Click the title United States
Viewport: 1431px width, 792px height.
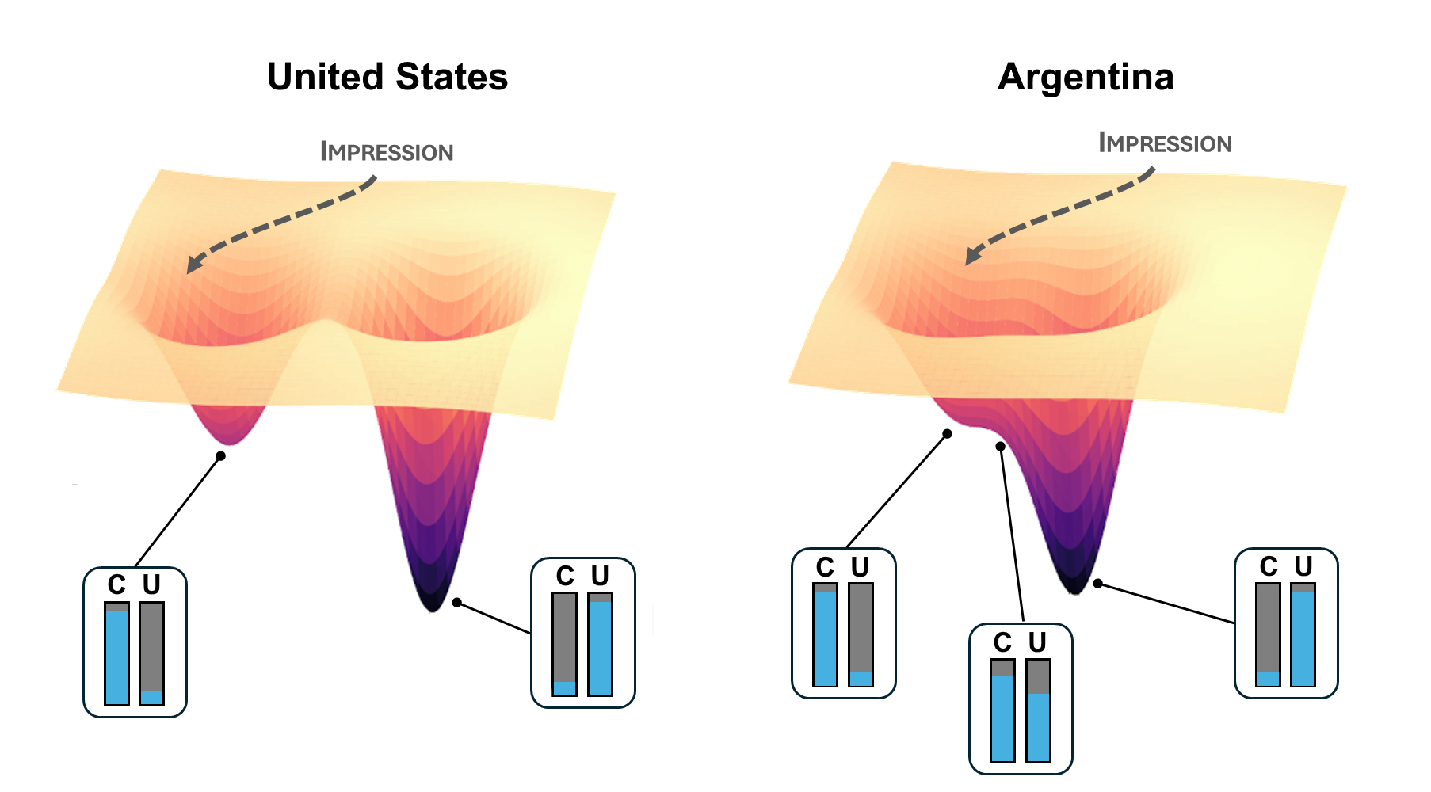click(387, 78)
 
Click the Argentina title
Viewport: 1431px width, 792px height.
click(1086, 78)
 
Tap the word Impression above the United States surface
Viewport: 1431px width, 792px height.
click(387, 151)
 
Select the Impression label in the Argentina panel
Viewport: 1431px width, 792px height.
click(1165, 143)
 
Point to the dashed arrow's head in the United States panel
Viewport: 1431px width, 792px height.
click(193, 266)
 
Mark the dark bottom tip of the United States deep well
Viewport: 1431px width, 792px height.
click(433, 605)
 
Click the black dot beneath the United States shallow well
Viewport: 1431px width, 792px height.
click(221, 456)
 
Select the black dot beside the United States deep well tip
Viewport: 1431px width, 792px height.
click(457, 603)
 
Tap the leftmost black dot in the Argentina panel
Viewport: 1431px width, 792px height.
click(947, 434)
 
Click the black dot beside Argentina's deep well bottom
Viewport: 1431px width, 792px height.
click(1097, 584)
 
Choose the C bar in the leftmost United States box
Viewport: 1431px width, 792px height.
click(116, 653)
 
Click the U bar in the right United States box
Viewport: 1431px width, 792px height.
click(600, 645)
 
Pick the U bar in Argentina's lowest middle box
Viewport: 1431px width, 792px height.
click(1038, 710)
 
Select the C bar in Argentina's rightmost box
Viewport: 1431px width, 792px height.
click(1268, 635)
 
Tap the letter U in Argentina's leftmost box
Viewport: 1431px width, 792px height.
click(861, 567)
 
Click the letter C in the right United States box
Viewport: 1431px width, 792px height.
click(565, 576)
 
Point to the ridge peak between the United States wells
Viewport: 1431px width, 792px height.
click(325, 323)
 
